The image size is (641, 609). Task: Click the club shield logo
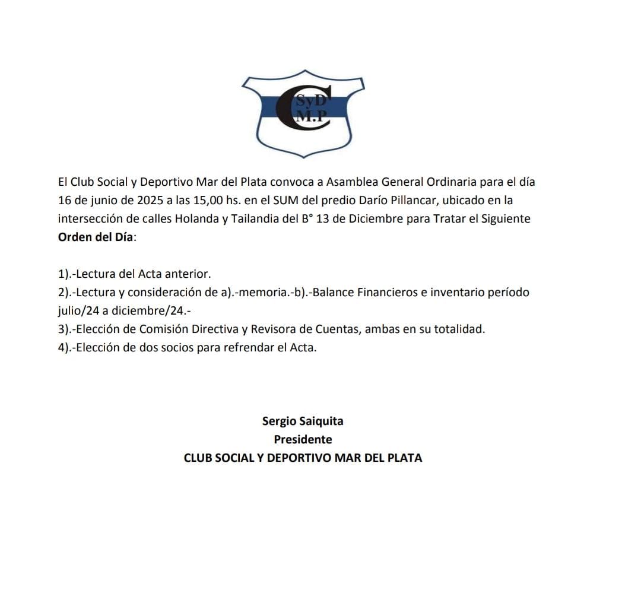[303, 115]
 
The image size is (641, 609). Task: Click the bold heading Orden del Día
[97, 237]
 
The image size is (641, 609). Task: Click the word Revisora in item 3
[274, 329]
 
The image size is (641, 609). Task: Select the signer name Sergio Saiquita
[303, 421]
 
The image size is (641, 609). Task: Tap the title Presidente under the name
[303, 440]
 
